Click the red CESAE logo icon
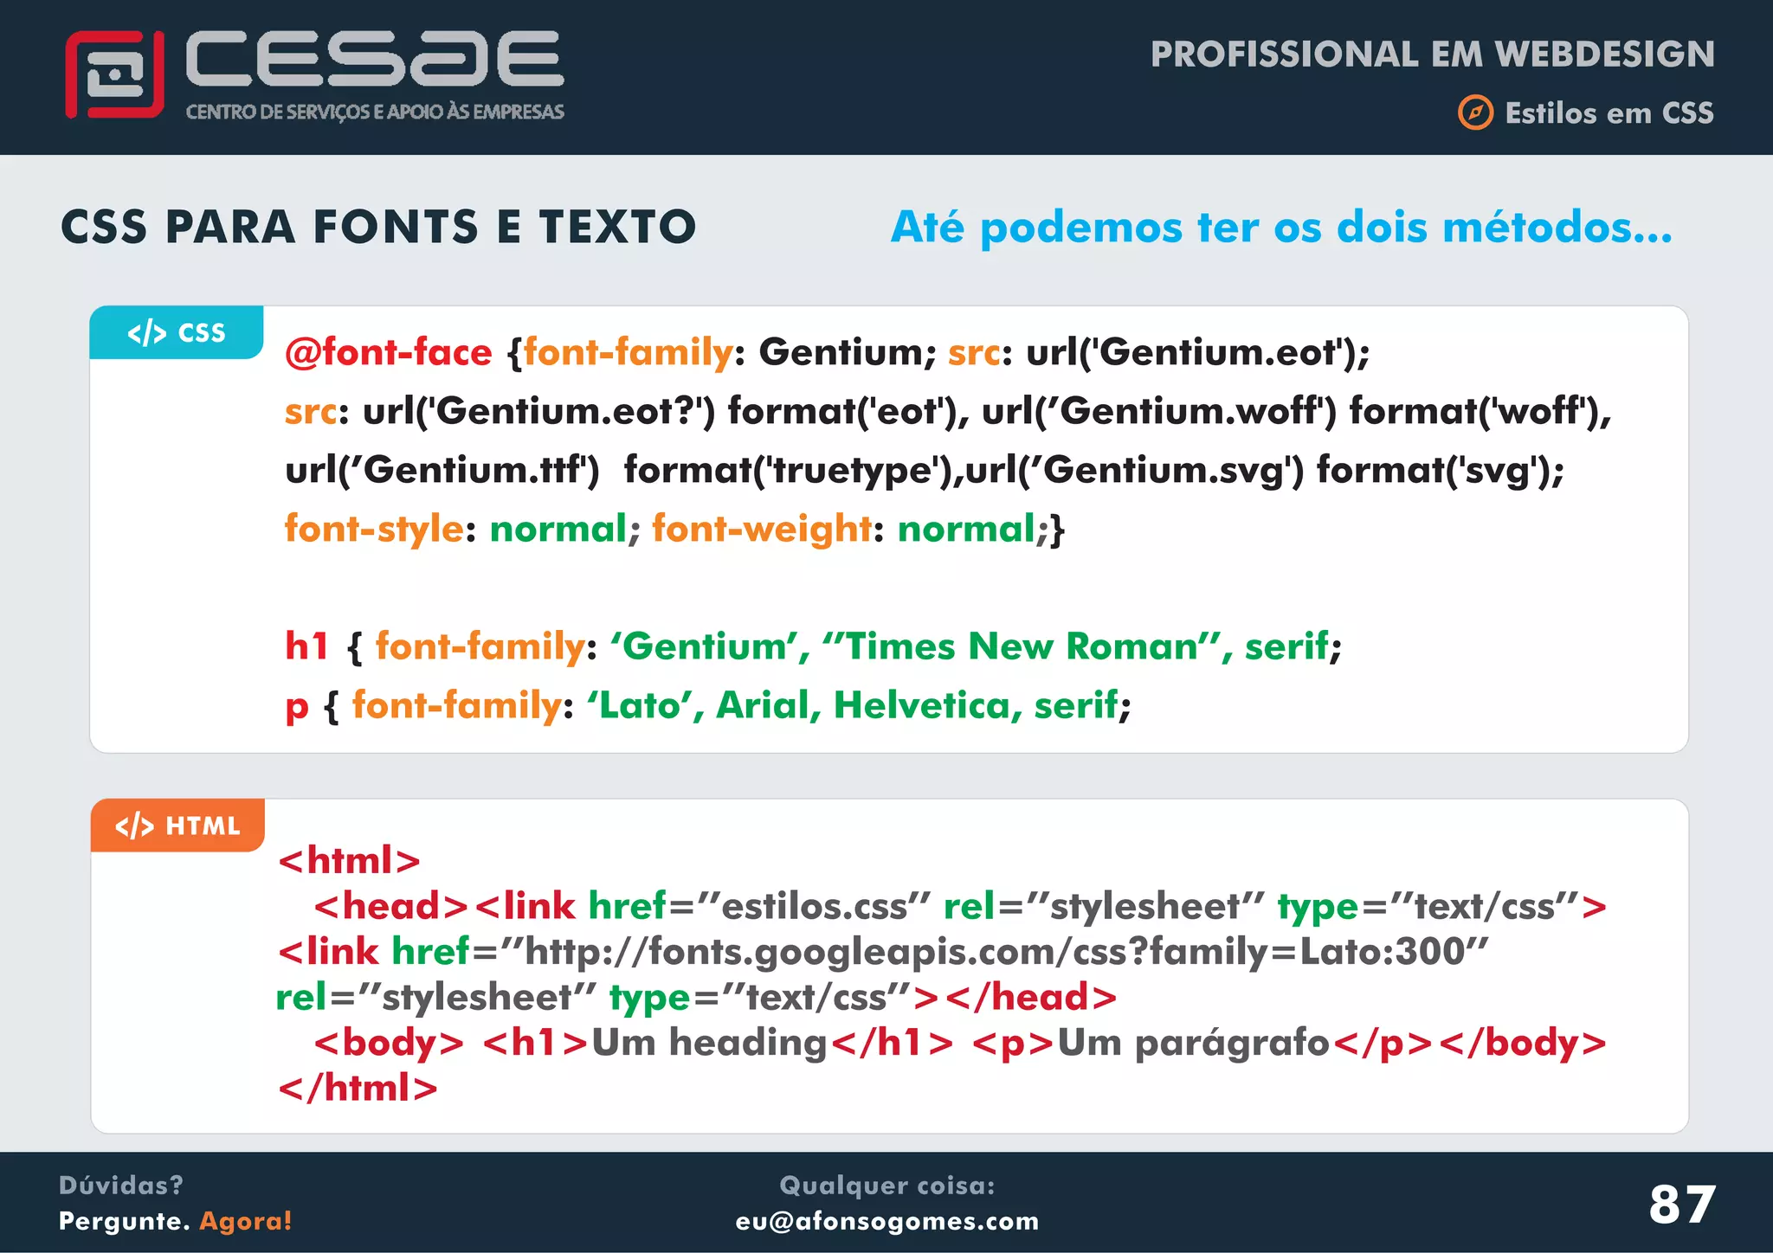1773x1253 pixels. click(114, 74)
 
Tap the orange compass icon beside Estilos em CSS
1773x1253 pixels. click(1475, 113)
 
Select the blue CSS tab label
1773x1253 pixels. click(177, 332)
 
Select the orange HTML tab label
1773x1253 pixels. click(177, 826)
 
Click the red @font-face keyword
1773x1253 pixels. click(389, 352)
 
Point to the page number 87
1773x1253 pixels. click(1681, 1204)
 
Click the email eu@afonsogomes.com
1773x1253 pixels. click(886, 1221)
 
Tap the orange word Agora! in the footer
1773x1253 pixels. click(246, 1221)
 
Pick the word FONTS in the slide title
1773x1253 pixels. click(396, 227)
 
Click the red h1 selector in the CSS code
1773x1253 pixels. click(307, 646)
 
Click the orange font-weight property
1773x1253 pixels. click(762, 529)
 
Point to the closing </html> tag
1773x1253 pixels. click(358, 1088)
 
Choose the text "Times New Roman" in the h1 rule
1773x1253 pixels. click(1022, 646)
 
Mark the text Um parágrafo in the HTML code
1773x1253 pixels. click(1193, 1043)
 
